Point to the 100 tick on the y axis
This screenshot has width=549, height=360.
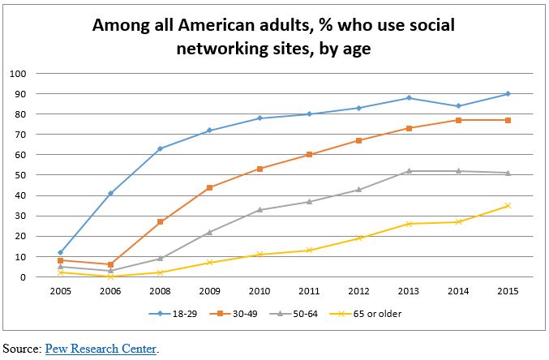click(x=18, y=74)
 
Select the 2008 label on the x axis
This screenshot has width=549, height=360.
click(x=160, y=289)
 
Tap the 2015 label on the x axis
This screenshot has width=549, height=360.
click(x=508, y=289)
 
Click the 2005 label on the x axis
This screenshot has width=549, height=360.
click(x=60, y=289)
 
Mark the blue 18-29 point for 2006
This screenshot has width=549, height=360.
click(x=110, y=193)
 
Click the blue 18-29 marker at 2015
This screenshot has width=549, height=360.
click(x=508, y=94)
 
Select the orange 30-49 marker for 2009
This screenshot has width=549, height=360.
click(x=209, y=187)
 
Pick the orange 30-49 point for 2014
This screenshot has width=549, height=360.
click(x=458, y=120)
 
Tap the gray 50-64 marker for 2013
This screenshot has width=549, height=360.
click(x=409, y=171)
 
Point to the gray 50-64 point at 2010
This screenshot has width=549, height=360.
click(x=259, y=209)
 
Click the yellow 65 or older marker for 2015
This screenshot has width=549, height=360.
click(x=508, y=205)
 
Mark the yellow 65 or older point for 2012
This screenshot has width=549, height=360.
click(x=358, y=238)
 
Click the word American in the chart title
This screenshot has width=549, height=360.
click(x=214, y=25)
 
